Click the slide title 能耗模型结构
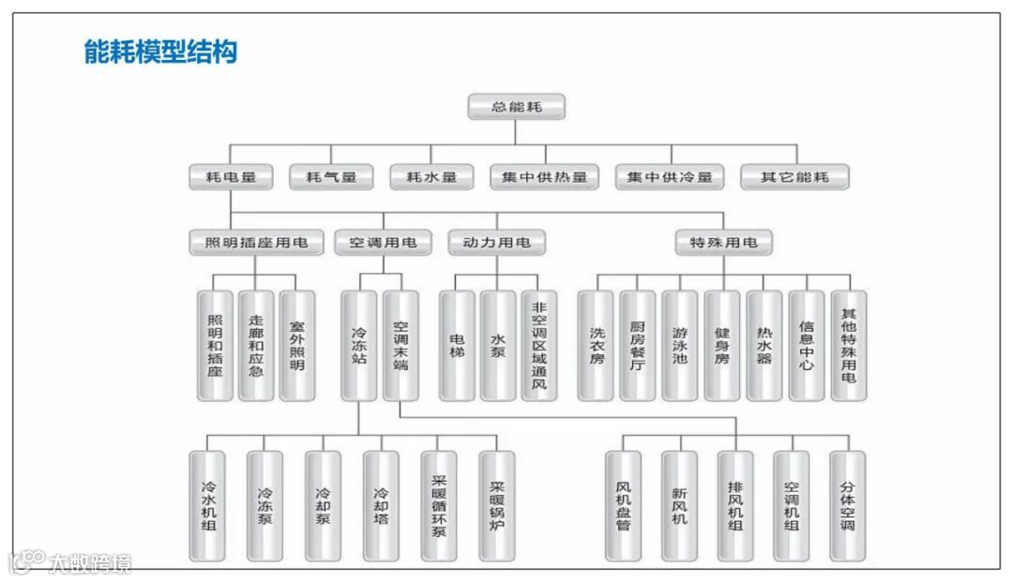tap(160, 52)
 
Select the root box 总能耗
tap(517, 107)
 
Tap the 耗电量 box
tap(231, 176)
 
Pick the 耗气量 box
tap(329, 176)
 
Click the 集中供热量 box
tap(544, 176)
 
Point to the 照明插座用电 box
tap(255, 243)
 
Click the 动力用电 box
tap(496, 243)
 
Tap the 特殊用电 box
tap(723, 243)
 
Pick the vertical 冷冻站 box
tap(359, 346)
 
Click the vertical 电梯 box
tap(457, 346)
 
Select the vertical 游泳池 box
tap(679, 346)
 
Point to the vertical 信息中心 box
tap(806, 346)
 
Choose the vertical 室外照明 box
tap(297, 346)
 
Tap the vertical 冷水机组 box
tap(207, 506)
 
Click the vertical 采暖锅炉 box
tap(497, 506)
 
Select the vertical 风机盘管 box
tap(624, 506)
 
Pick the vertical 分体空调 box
tap(848, 506)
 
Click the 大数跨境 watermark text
tap(91, 563)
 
